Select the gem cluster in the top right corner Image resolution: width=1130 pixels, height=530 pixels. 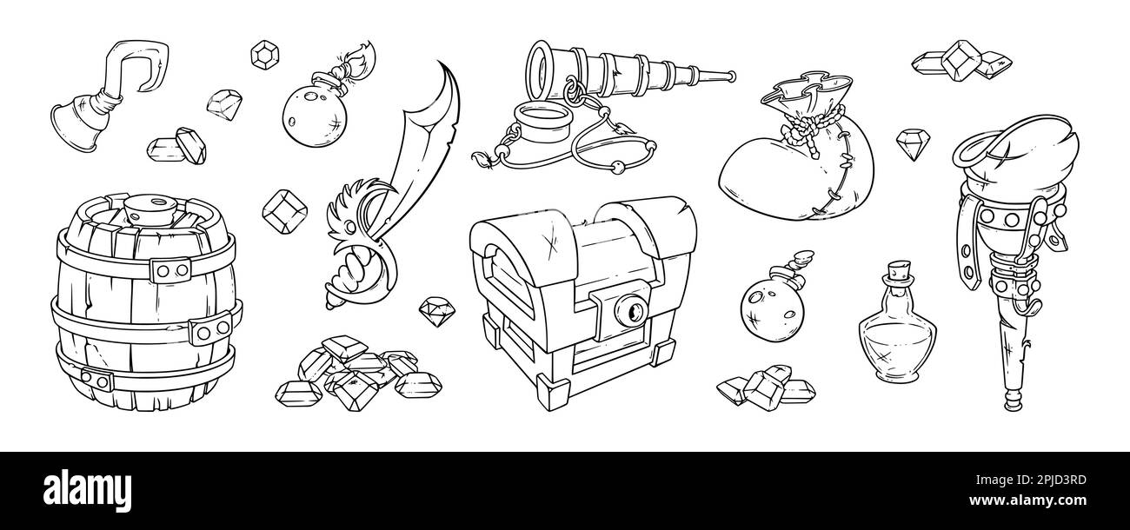point(962,61)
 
